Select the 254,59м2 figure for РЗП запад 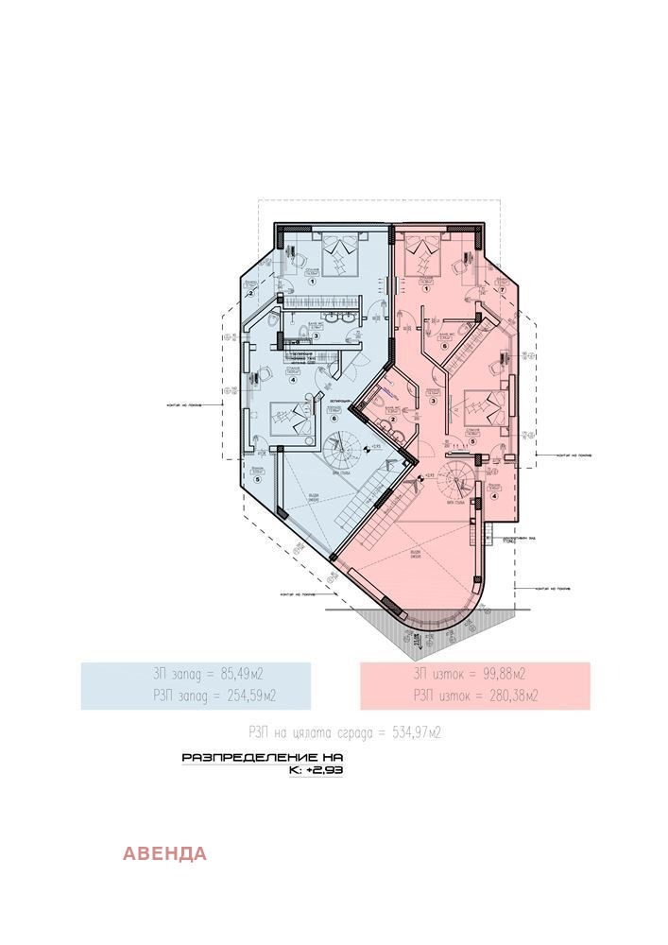click(x=245, y=696)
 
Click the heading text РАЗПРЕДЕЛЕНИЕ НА click(x=262, y=758)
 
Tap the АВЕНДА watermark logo click(x=164, y=854)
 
